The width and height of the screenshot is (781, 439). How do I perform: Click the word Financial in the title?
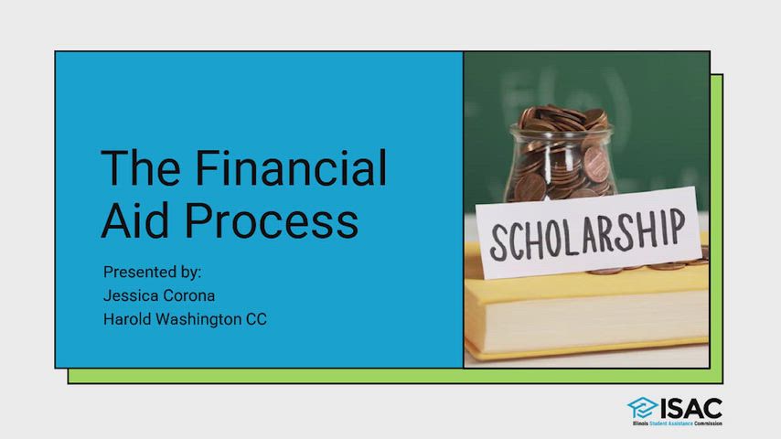291,168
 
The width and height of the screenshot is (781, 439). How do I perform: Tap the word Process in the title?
272,220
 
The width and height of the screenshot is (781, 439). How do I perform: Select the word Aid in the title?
135,220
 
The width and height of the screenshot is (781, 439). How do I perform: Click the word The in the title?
141,168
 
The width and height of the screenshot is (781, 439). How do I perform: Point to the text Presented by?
152,272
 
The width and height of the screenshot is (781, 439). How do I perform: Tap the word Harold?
127,319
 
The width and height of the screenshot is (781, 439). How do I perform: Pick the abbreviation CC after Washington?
256,319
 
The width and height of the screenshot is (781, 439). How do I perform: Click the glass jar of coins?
561,154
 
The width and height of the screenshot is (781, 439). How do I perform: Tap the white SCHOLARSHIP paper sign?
589,232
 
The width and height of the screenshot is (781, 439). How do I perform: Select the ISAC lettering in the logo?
691,409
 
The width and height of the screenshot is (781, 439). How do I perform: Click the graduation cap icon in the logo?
642,408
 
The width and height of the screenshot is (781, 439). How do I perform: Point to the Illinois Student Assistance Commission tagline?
678,423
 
